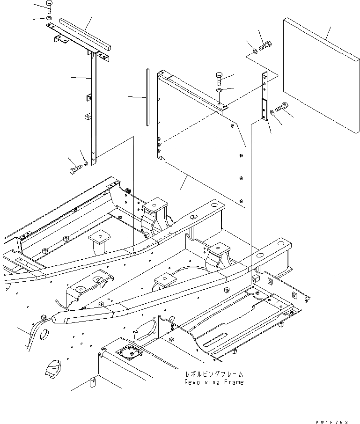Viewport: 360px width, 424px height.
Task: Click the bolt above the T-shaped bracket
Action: pos(49,7)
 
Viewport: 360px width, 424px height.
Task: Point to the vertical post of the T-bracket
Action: pos(93,108)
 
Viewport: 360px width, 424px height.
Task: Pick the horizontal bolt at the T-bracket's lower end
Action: pos(74,169)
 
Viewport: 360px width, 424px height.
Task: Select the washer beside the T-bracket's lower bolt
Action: pos(85,164)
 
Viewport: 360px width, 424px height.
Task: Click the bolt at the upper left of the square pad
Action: pos(264,46)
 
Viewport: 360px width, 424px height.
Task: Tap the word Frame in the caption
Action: pos(233,382)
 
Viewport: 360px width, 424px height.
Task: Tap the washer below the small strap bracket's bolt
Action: pos(272,112)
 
